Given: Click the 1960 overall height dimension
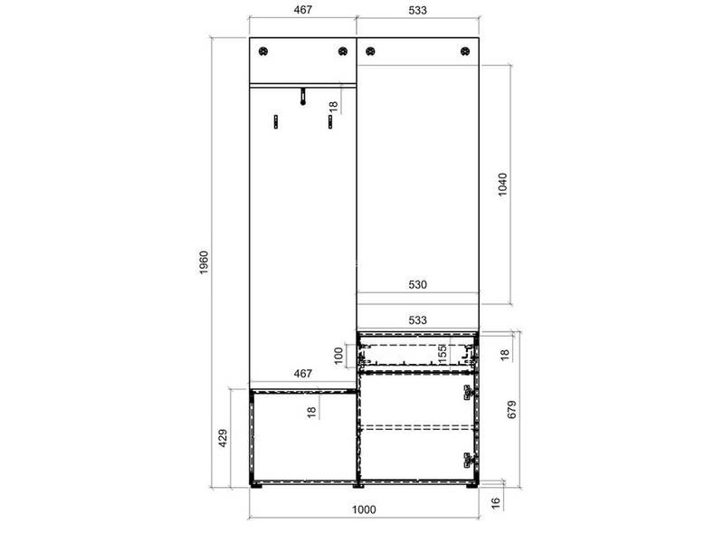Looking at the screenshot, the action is pyautogui.click(x=204, y=262).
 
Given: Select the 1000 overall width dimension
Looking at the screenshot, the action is pyautogui.click(x=364, y=510).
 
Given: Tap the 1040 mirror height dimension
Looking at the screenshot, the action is pyautogui.click(x=502, y=185).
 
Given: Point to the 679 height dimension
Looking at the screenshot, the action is pyautogui.click(x=511, y=410).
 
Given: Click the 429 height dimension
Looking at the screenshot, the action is pyautogui.click(x=223, y=438).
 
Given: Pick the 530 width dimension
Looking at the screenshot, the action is pyautogui.click(x=417, y=284).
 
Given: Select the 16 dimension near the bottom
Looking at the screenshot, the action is pyautogui.click(x=495, y=502).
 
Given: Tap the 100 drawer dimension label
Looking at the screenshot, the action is pyautogui.click(x=338, y=356).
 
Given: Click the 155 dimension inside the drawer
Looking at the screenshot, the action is pyautogui.click(x=442, y=352).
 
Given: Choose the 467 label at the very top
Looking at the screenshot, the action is pyautogui.click(x=303, y=10).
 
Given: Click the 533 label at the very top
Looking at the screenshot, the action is pyautogui.click(x=417, y=10).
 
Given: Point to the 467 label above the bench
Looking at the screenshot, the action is pyautogui.click(x=303, y=373).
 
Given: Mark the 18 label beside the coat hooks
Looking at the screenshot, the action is pyautogui.click(x=333, y=107).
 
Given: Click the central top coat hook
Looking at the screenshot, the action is pyautogui.click(x=303, y=96).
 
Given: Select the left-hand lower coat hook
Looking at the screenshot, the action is pyautogui.click(x=276, y=121).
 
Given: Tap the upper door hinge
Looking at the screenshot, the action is pyautogui.click(x=470, y=393).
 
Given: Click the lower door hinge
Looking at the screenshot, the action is pyautogui.click(x=470, y=461).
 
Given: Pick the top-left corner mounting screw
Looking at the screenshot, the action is pyautogui.click(x=263, y=51).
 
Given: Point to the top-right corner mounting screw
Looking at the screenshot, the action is pyautogui.click(x=465, y=51).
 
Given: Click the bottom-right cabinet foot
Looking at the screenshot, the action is pyautogui.click(x=472, y=485).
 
